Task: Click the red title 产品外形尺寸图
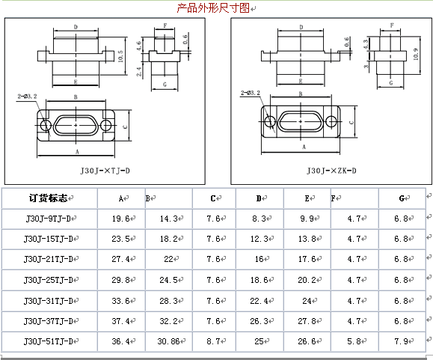tap(213, 8)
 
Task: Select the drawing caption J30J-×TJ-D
tap(105, 171)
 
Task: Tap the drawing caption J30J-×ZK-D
tap(331, 171)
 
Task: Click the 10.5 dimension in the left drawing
tap(120, 56)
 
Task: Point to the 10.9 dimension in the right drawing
tap(416, 54)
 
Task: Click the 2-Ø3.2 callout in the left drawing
tap(28, 96)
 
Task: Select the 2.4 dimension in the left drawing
tap(138, 72)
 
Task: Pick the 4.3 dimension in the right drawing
tap(366, 44)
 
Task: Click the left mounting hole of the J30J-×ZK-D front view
tap(270, 121)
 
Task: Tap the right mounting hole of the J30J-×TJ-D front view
tap(105, 126)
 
